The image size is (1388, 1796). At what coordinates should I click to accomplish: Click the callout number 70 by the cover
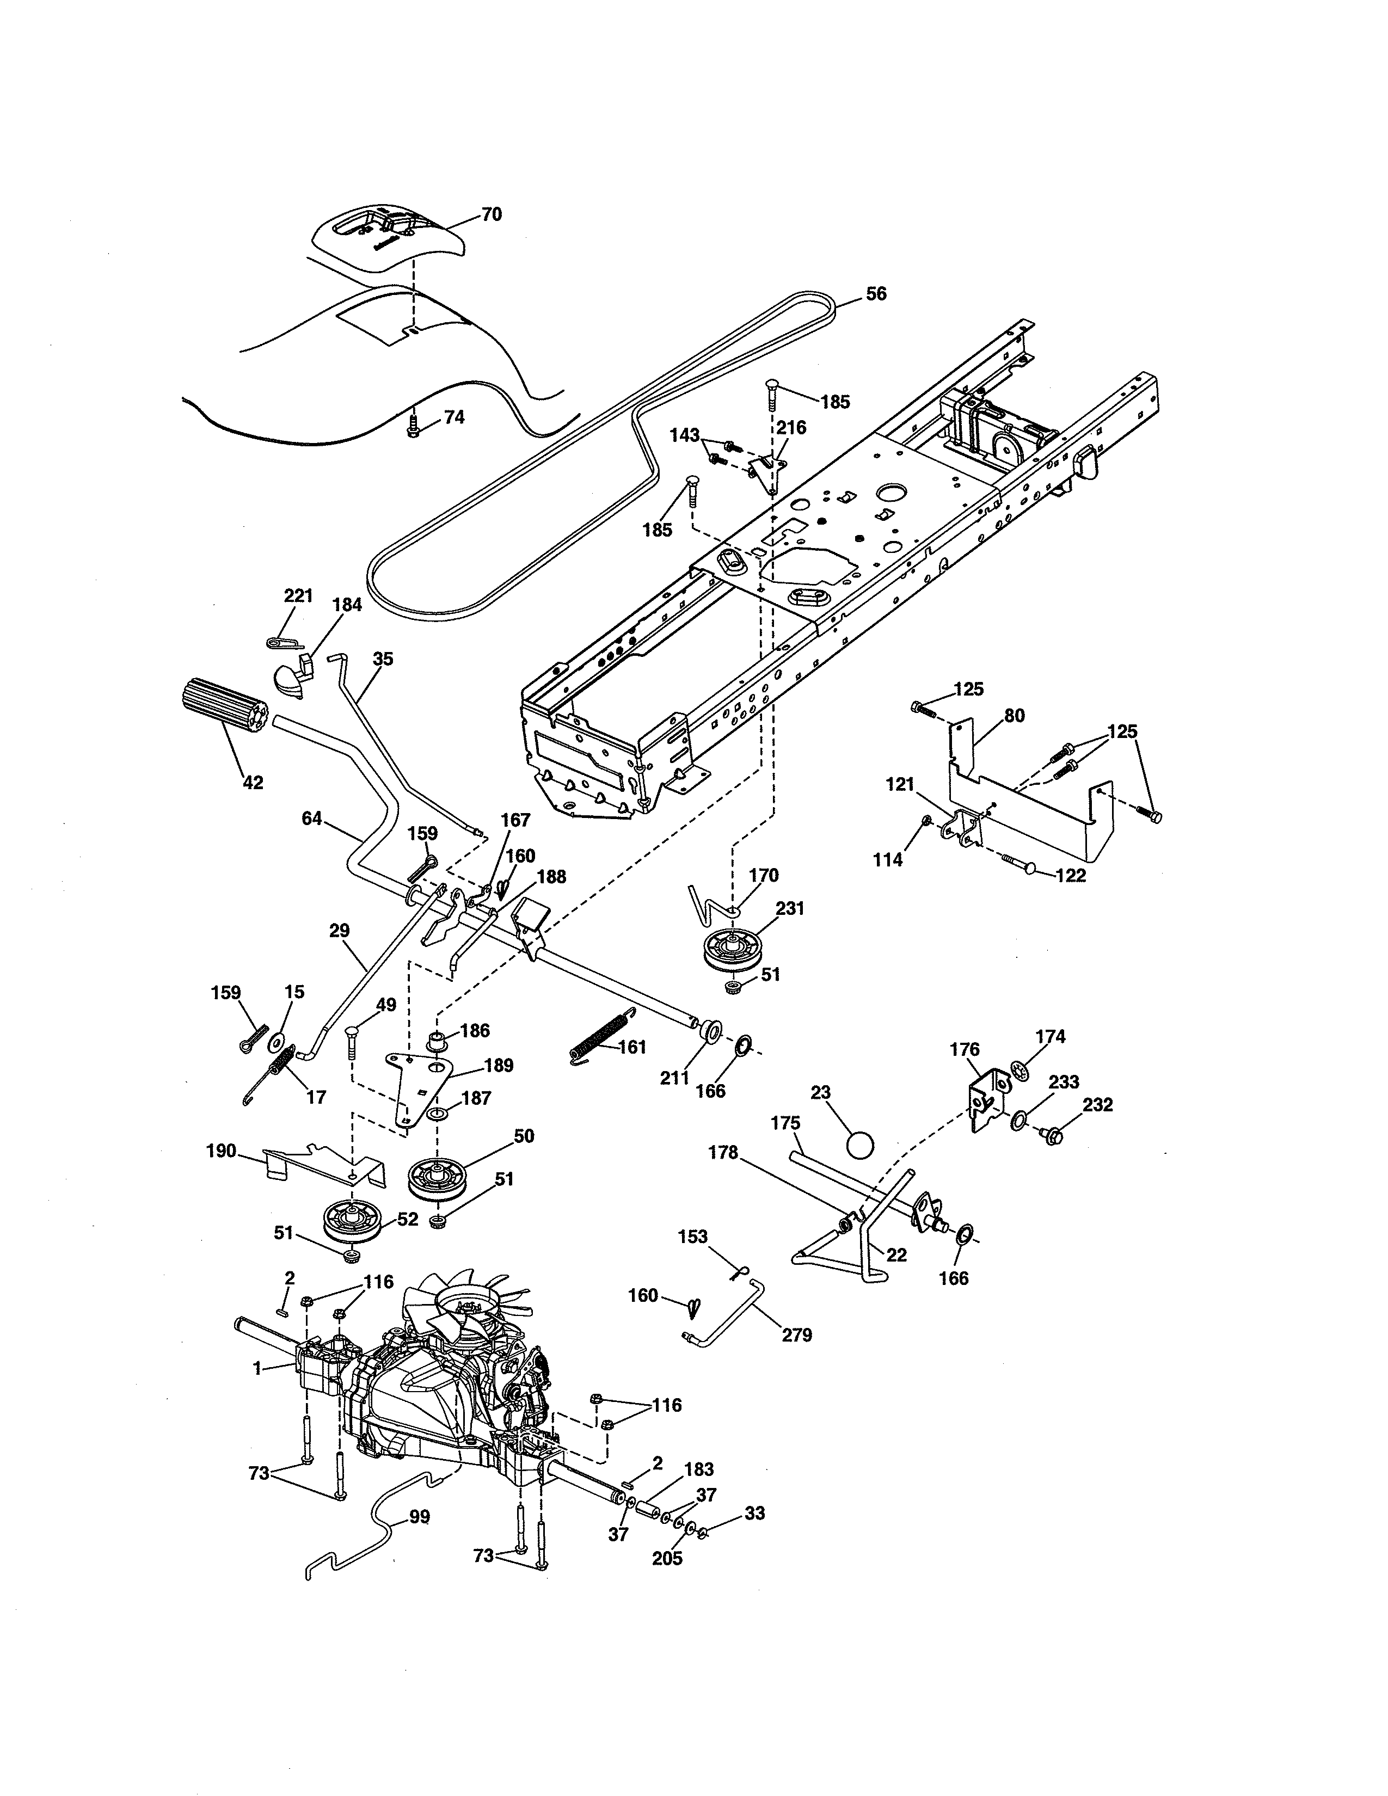point(491,214)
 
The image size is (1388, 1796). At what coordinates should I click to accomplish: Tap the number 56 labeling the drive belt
point(876,293)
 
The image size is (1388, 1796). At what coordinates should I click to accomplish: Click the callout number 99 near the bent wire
point(419,1517)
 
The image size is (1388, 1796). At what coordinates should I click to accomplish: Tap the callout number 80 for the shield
point(1015,716)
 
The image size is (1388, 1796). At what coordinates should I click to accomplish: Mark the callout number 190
point(221,1151)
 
